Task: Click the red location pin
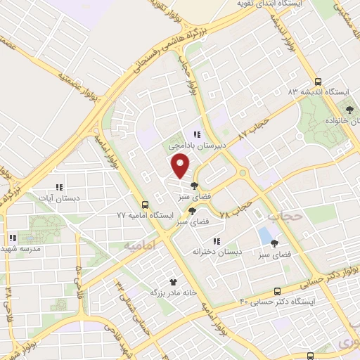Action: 181,166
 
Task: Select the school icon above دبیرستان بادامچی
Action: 198,135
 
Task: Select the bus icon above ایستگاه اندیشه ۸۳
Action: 318,81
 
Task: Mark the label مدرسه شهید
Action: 22,249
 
